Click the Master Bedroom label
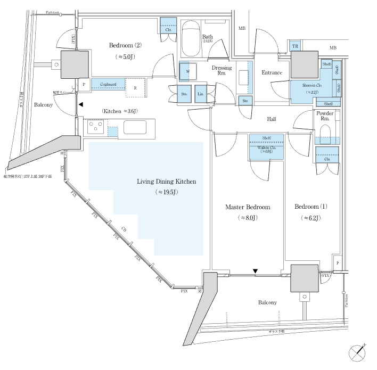tap(247, 207)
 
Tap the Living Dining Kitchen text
tap(167, 182)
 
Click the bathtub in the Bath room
tap(190, 41)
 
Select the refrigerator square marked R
tap(136, 88)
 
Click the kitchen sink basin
tap(135, 128)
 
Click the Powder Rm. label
tap(325, 117)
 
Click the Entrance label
tap(272, 73)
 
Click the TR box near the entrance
tap(295, 46)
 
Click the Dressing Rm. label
tap(222, 71)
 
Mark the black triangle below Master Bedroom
tap(255, 272)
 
